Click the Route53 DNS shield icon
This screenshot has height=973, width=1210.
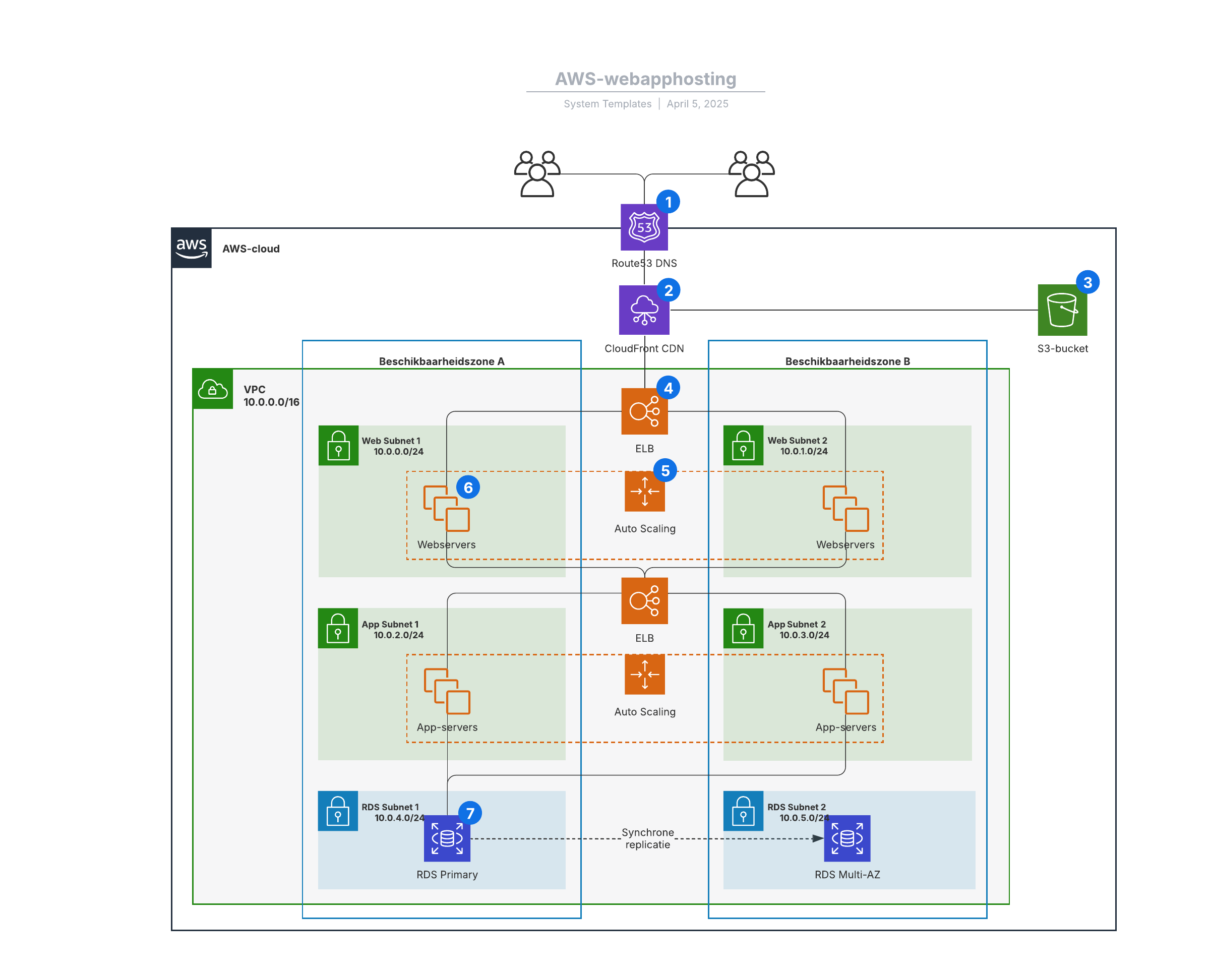tap(644, 227)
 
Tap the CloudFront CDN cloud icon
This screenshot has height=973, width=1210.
tap(644, 310)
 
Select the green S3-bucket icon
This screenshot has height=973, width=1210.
tap(1062, 310)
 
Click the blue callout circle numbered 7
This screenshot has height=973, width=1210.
tap(470, 813)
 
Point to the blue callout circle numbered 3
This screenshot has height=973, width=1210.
tap(1087, 282)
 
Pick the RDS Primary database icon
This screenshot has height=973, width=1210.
tap(447, 838)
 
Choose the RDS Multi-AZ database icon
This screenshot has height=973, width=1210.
tap(847, 838)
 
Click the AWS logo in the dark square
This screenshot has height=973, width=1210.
tap(192, 248)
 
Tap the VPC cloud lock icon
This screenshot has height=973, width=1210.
tap(213, 389)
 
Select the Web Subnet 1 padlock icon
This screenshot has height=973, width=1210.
tap(338, 446)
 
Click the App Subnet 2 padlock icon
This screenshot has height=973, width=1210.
tap(743, 629)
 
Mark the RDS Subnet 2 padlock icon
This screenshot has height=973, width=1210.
tap(743, 811)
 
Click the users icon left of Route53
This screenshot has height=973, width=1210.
tap(537, 174)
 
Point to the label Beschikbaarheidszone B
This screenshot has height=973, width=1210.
tap(847, 361)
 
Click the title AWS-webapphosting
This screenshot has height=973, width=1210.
tap(645, 79)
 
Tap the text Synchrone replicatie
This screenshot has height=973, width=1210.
tap(648, 838)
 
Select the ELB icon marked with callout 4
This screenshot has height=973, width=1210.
tap(644, 411)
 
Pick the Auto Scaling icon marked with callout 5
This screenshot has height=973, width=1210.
tap(644, 492)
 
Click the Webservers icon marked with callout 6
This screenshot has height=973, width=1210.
tap(447, 508)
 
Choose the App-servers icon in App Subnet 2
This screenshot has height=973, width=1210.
tap(846, 691)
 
